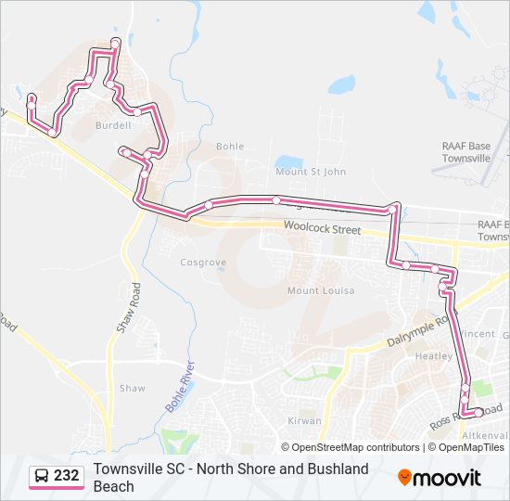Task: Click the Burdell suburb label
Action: point(113,125)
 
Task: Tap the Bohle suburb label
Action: point(230,147)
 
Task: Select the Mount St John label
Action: point(310,172)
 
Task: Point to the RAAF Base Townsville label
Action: point(465,152)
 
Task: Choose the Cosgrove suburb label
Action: point(202,263)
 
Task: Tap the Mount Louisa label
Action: point(316,290)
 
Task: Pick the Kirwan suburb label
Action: point(303,420)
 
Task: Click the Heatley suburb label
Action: point(434,356)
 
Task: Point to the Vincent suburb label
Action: point(478,334)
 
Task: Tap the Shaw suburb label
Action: point(132,389)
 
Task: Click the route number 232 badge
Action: point(66,476)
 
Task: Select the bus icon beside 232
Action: point(43,476)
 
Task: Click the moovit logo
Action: point(440,478)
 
